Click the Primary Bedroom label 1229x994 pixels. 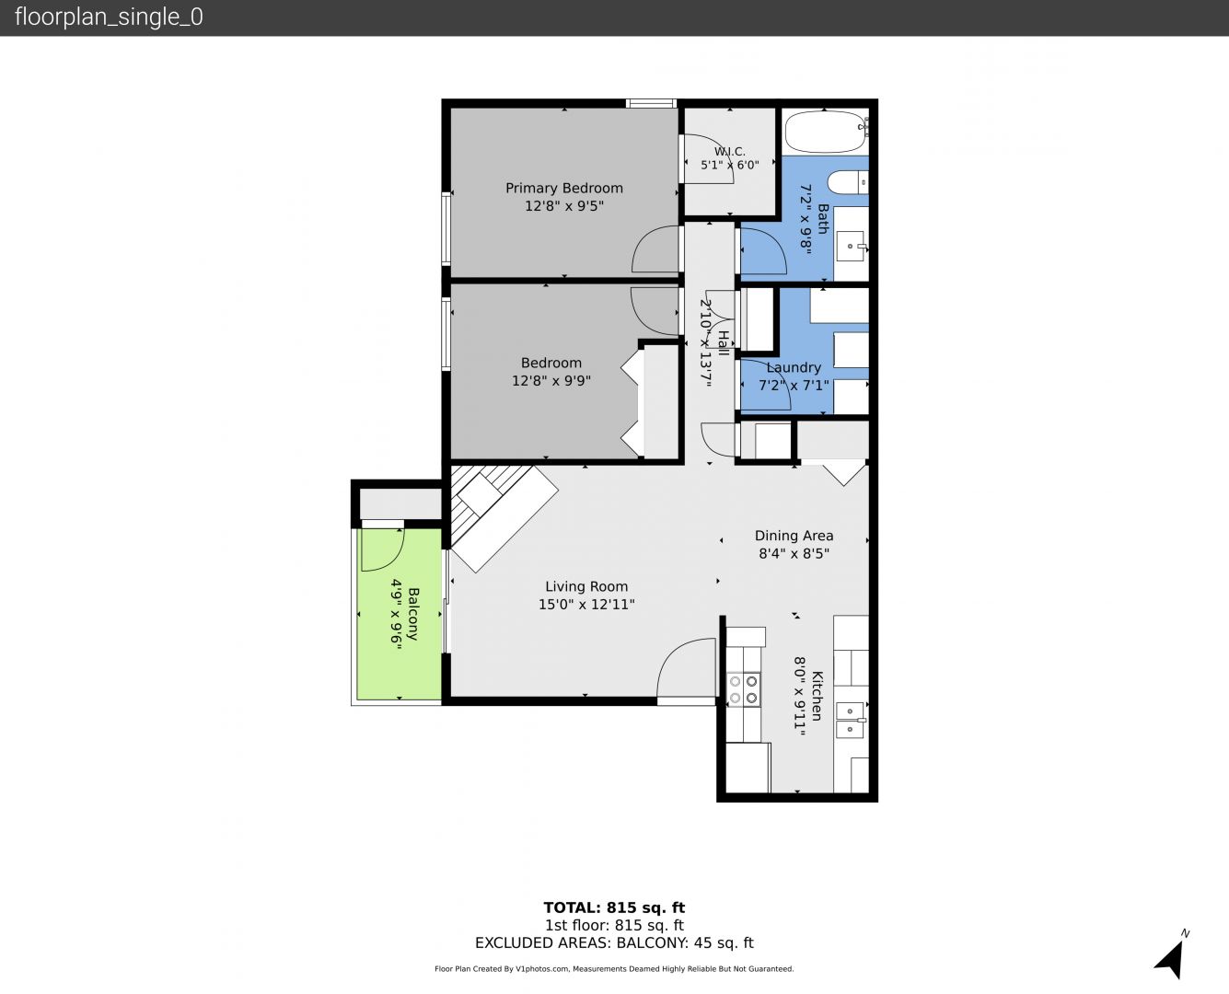(563, 188)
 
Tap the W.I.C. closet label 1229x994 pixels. (729, 152)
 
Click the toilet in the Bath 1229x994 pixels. (848, 182)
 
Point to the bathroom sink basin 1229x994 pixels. (851, 247)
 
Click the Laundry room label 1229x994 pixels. (794, 367)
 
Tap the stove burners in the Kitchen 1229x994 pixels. (743, 689)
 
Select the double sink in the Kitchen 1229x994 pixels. (851, 720)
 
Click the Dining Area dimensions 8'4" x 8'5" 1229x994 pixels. (794, 554)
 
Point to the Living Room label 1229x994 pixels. (586, 586)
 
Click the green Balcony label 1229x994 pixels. (413, 614)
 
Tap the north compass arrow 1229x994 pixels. (1172, 959)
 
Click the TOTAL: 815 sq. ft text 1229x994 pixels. (614, 908)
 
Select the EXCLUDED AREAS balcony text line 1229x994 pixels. (614, 942)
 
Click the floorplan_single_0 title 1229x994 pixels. (109, 17)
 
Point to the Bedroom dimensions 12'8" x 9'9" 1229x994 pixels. (551, 381)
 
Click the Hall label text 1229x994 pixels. (723, 343)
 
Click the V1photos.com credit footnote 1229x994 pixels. (614, 968)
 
